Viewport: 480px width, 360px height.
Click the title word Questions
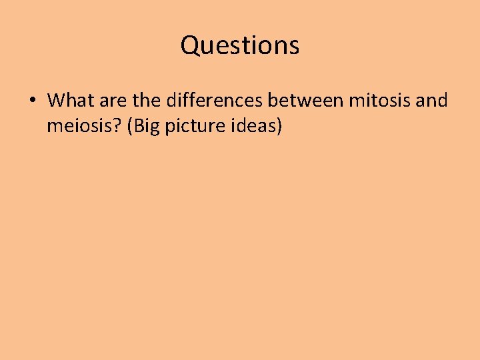pos(240,46)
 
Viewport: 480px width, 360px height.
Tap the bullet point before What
pos(32,102)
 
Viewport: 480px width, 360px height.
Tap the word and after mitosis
pos(432,101)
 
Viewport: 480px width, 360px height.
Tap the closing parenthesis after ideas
pos(279,126)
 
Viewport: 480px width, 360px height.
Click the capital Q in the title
pos(190,46)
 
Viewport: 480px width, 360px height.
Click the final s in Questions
pos(294,47)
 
